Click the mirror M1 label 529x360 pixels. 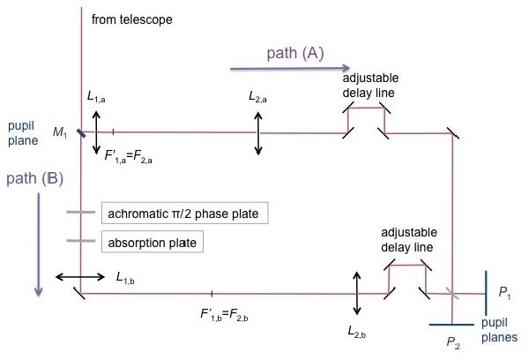tap(60, 132)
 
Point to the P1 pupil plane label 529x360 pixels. tap(504, 290)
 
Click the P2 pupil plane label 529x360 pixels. tap(452, 341)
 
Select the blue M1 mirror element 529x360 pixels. tap(81, 132)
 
